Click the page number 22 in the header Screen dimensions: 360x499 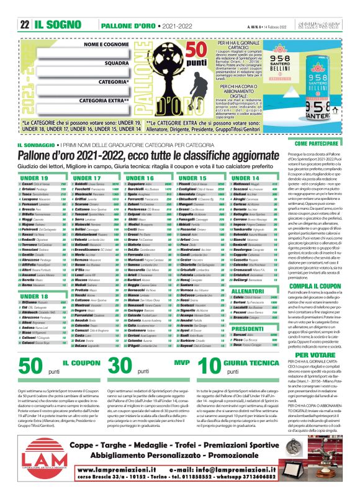tap(25, 8)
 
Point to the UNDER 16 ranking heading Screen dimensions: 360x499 tap(140, 178)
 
